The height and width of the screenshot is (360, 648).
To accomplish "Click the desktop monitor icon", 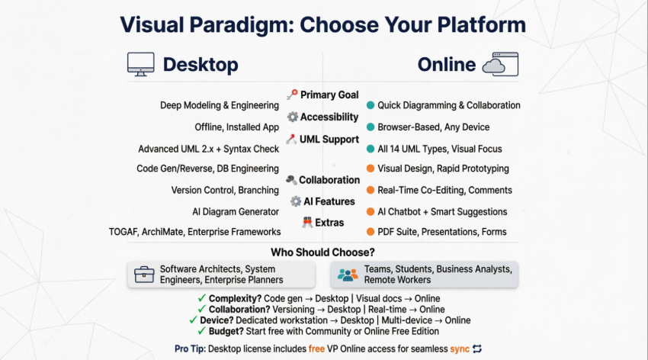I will point(140,65).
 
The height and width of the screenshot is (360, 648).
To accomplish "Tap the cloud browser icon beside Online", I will point(505,64).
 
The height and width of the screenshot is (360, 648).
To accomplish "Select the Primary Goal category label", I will point(329,95).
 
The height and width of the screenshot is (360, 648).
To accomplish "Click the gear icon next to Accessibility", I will point(293,117).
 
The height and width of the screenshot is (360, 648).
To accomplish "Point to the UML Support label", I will point(329,140).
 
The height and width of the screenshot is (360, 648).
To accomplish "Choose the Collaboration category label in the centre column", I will point(329,180).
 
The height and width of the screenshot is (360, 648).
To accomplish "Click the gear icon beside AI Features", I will point(296,201).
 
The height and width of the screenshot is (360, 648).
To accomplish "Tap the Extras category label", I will point(329,223).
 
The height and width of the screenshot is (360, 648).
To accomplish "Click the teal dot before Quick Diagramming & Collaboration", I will point(371,105).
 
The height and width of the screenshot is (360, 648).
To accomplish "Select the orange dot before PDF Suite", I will point(371,232).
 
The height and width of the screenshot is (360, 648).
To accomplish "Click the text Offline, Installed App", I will point(238,127).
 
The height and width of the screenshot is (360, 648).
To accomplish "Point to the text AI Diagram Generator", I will point(236,211).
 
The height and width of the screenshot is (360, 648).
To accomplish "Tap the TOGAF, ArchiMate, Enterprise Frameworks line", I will point(195,232).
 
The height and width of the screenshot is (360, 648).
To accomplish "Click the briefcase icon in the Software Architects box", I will point(145,275).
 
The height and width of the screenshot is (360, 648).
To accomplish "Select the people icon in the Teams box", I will point(348,275).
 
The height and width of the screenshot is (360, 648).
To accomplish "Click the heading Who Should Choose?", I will point(323,252).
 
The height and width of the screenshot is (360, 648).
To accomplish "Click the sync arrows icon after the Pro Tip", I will point(478,349).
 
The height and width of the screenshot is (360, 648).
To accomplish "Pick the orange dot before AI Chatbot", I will point(371,211).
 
